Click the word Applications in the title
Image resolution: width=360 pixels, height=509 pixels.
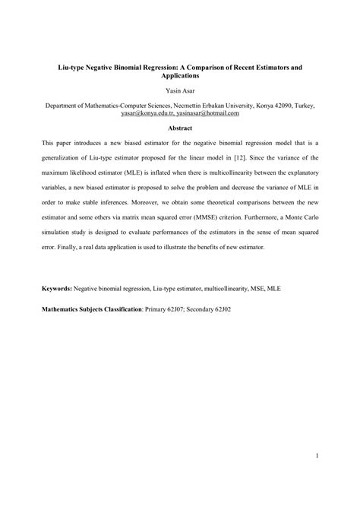click(x=180, y=77)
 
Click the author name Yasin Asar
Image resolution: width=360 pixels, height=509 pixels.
click(x=180, y=92)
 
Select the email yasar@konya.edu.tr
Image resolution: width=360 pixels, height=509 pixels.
click(x=147, y=113)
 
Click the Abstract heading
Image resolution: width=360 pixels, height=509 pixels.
click(x=180, y=128)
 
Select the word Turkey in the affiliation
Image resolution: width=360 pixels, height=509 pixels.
click(x=302, y=106)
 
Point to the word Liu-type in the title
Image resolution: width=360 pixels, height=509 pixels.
click(x=74, y=68)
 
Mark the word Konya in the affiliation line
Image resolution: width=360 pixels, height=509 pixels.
click(x=248, y=106)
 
